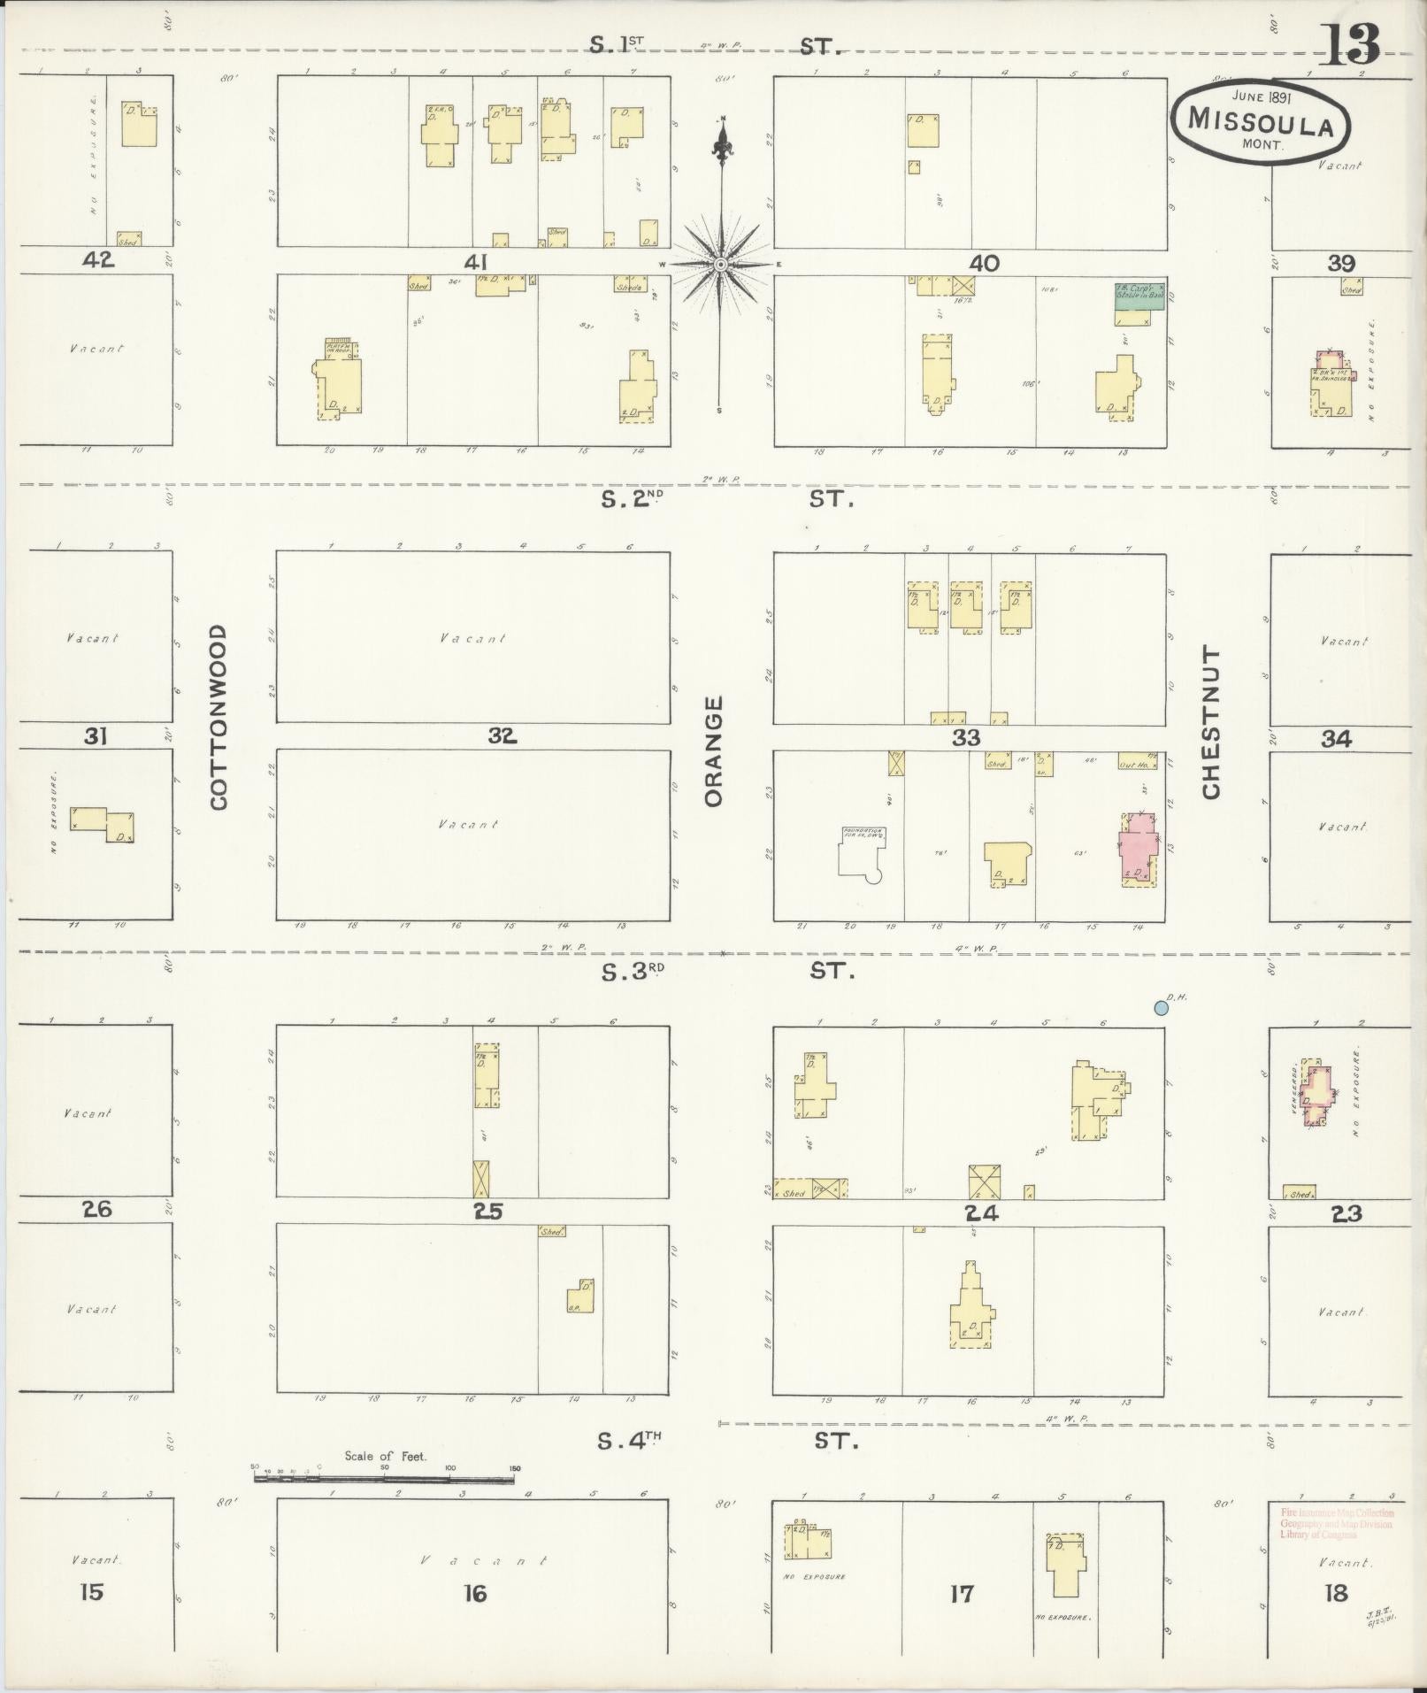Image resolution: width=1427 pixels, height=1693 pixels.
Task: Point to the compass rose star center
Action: (721, 265)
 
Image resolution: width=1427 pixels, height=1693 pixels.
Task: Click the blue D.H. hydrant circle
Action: (1160, 1007)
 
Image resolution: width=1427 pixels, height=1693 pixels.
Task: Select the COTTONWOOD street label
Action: (219, 716)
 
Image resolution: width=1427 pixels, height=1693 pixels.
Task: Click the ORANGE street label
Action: (715, 751)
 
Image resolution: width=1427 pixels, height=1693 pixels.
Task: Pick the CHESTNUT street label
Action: (1211, 721)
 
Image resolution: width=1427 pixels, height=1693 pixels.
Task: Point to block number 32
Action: (502, 735)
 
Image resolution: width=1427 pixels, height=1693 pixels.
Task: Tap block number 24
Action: (982, 1213)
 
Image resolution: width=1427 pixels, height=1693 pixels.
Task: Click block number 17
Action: (961, 1594)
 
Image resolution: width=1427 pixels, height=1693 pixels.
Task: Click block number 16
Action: (474, 1594)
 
